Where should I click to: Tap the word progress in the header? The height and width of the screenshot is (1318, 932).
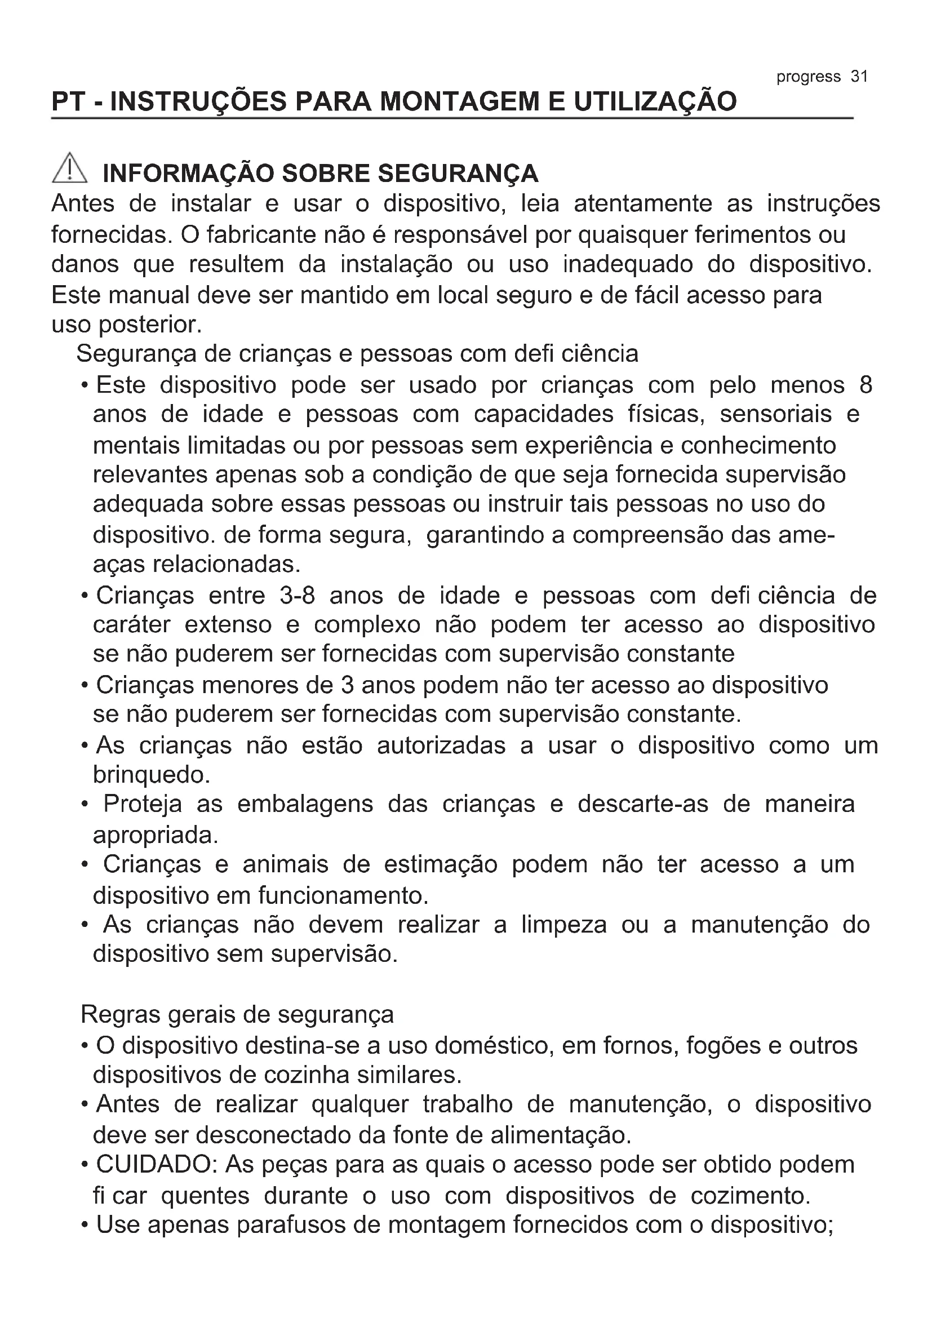coord(808,77)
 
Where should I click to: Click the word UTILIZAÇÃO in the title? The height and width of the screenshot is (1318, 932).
coord(655,101)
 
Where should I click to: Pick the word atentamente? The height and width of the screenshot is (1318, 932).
coord(643,204)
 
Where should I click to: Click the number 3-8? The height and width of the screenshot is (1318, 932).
coord(298,595)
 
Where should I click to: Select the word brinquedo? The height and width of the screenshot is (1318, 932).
coord(151,775)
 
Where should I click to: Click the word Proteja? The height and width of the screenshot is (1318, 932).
coord(143,804)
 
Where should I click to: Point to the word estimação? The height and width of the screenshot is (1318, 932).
coord(440,864)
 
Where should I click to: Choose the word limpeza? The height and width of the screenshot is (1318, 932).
coord(563,925)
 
